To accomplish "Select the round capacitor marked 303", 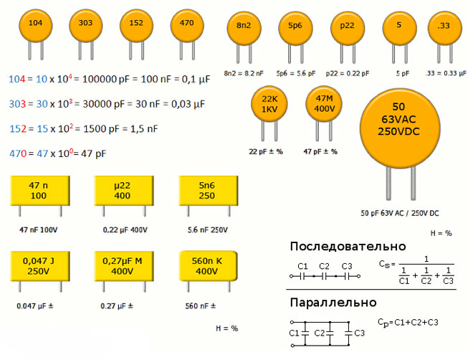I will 85,24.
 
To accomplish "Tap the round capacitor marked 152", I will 136,24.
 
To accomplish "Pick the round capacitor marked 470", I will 187,24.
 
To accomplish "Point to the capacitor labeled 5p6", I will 295,27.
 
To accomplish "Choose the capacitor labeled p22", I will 347,27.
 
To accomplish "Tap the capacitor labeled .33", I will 443,27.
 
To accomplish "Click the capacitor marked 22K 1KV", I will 269,104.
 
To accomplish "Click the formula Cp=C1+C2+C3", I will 408,322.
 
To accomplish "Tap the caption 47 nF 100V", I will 38,229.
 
